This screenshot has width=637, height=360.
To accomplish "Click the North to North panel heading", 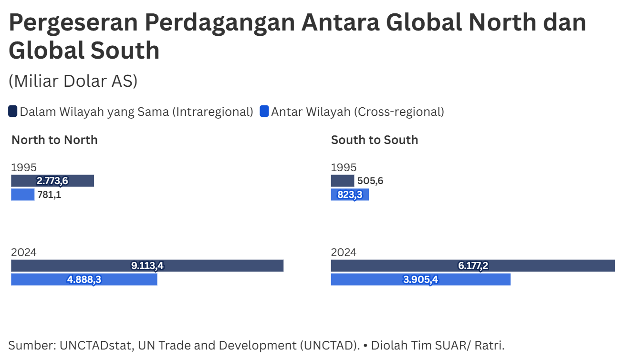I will pos(54,140).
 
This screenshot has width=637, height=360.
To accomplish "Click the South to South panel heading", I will pos(375,140).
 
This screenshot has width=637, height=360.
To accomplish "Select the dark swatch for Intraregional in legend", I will pos(13,112).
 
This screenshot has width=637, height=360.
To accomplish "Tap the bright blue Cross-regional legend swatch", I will pos(264,112).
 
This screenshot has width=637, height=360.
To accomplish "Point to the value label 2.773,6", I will pos(52,181).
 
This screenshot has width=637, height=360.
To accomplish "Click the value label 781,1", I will pos(49,195).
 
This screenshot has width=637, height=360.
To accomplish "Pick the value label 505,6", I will pos(370,181).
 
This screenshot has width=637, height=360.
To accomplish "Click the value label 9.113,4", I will pos(147,266).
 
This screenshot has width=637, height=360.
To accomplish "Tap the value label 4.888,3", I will pos(84,279).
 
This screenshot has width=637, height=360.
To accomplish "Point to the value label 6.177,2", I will pos(473,266).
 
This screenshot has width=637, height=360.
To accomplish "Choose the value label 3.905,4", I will pos(420,279).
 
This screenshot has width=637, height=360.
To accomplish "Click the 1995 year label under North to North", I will pos(24,167).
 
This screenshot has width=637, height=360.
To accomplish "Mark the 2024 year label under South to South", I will pos(344,252).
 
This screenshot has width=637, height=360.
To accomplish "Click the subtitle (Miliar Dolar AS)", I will pos(73,81).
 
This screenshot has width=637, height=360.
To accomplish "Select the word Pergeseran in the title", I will pos(73,22).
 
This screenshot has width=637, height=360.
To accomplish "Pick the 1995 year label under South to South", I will pos(344,167).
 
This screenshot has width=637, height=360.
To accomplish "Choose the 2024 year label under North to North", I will pos(24,252).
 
